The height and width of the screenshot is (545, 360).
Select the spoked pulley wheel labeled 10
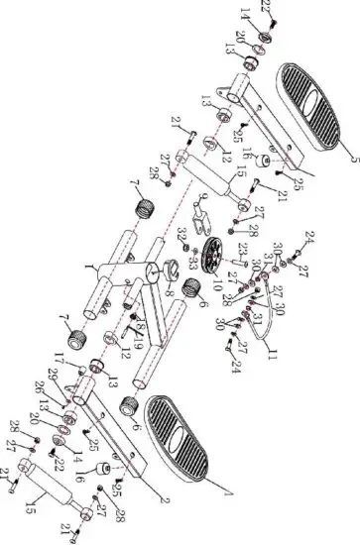[210, 257]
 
